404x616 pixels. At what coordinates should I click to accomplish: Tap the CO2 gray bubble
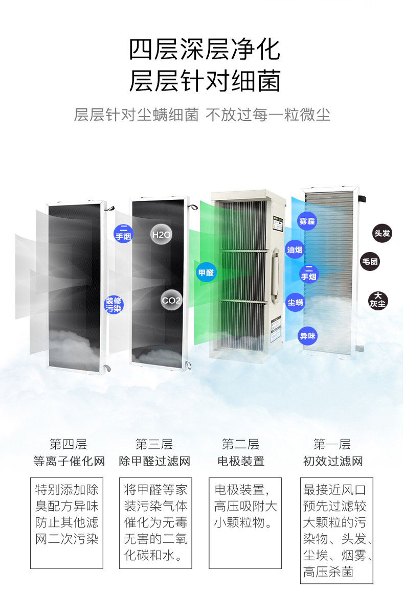(171, 301)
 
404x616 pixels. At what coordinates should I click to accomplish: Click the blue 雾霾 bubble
(307, 221)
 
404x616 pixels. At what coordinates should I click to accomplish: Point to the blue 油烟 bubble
(295, 250)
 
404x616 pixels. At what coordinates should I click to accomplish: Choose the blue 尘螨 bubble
(295, 302)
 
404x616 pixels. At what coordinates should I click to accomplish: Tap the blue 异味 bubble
(307, 336)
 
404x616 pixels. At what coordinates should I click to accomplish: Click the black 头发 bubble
(381, 234)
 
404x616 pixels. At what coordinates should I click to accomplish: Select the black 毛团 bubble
(370, 262)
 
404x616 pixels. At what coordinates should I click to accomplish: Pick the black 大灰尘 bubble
(378, 300)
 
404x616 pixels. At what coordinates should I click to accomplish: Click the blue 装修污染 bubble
(114, 304)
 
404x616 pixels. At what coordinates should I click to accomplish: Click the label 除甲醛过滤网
(154, 461)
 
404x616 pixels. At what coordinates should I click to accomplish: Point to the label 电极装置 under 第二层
(241, 461)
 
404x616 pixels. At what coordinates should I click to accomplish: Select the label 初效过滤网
(332, 461)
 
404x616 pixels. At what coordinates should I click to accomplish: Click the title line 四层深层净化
(204, 51)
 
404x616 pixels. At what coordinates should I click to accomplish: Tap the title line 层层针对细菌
(204, 81)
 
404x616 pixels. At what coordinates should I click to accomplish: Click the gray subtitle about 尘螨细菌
(202, 114)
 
